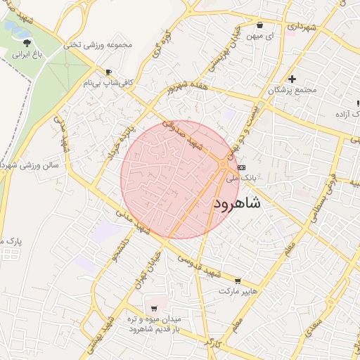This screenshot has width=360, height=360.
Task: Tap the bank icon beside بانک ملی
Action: (242, 167)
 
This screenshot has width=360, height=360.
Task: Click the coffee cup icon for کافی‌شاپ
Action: (108, 72)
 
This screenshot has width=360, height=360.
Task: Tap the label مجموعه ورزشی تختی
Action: (98, 44)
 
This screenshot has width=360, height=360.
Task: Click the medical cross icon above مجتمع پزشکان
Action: (292, 79)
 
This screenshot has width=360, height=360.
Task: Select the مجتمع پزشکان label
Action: (292, 90)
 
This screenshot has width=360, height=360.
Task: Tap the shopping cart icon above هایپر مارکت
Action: (238, 280)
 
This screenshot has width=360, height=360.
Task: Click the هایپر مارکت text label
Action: (238, 290)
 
